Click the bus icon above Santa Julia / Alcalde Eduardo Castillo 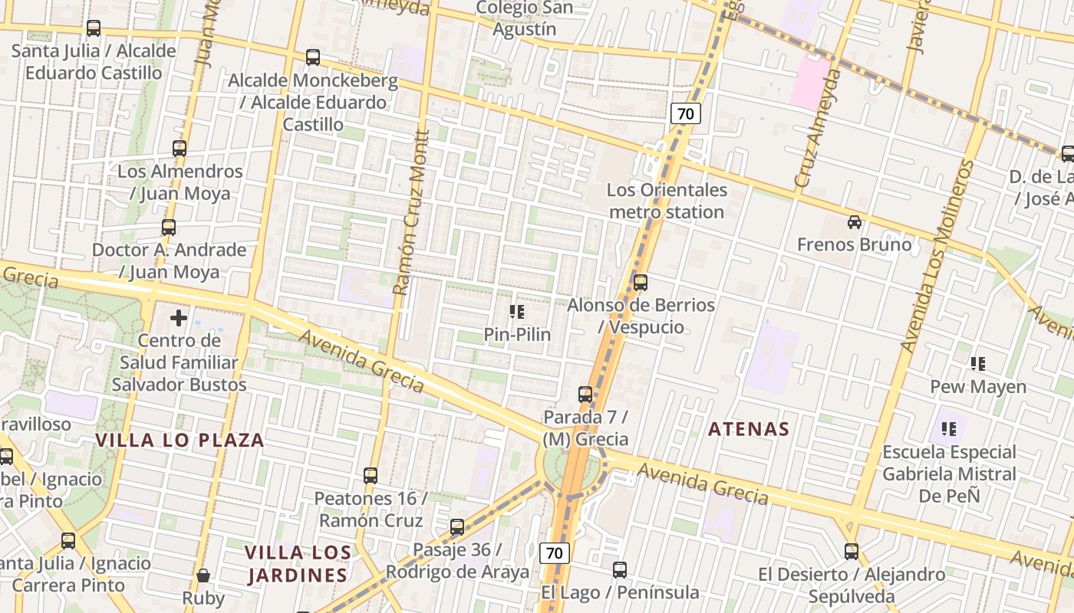tap(94, 28)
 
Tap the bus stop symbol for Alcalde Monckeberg tap(312, 57)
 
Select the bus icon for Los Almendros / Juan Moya tap(180, 149)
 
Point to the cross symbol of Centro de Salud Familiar tap(179, 317)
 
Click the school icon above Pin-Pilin tap(516, 312)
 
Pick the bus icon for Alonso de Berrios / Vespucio tap(641, 282)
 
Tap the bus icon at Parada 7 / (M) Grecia tap(585, 395)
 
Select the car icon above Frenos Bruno tap(854, 222)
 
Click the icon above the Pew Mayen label tap(977, 364)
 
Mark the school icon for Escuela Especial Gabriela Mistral tap(949, 429)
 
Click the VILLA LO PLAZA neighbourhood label tap(180, 440)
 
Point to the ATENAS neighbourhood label tap(749, 429)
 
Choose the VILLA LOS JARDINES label tap(298, 563)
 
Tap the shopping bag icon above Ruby tap(203, 575)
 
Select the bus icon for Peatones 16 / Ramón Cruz tap(371, 475)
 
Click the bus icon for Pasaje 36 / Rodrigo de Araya tap(457, 527)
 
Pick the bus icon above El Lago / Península tap(620, 570)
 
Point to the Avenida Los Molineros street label tap(939, 257)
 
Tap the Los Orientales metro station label tap(667, 201)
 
